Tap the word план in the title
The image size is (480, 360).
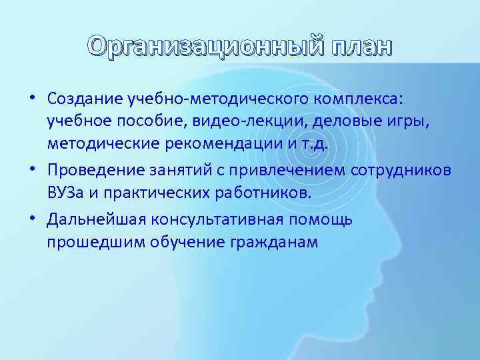pos(359,47)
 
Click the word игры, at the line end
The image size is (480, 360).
pos(427,121)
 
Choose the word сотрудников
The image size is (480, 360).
pos(399,170)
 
